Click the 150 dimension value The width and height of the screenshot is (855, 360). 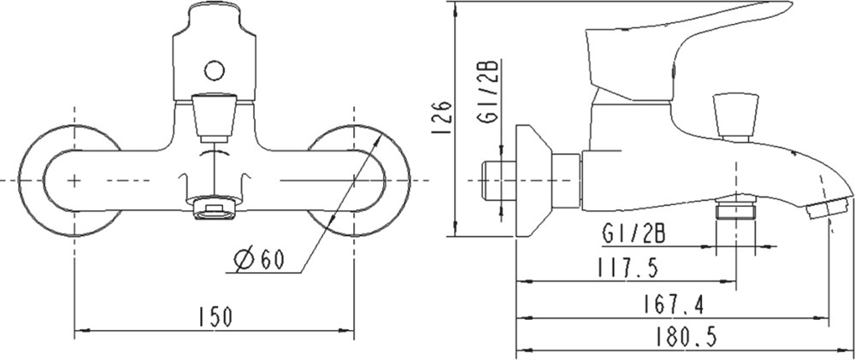click(x=215, y=317)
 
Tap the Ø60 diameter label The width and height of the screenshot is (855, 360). click(x=260, y=259)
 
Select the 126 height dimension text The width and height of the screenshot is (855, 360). click(x=442, y=117)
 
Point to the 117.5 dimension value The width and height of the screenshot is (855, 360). click(x=628, y=268)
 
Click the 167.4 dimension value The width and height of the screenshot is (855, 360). click(x=673, y=305)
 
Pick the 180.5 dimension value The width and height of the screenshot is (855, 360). click(x=686, y=337)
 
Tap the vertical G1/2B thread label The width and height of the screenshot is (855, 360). click(x=488, y=92)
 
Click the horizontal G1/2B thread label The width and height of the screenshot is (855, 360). click(x=634, y=234)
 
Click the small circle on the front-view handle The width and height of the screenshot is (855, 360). click(x=215, y=70)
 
